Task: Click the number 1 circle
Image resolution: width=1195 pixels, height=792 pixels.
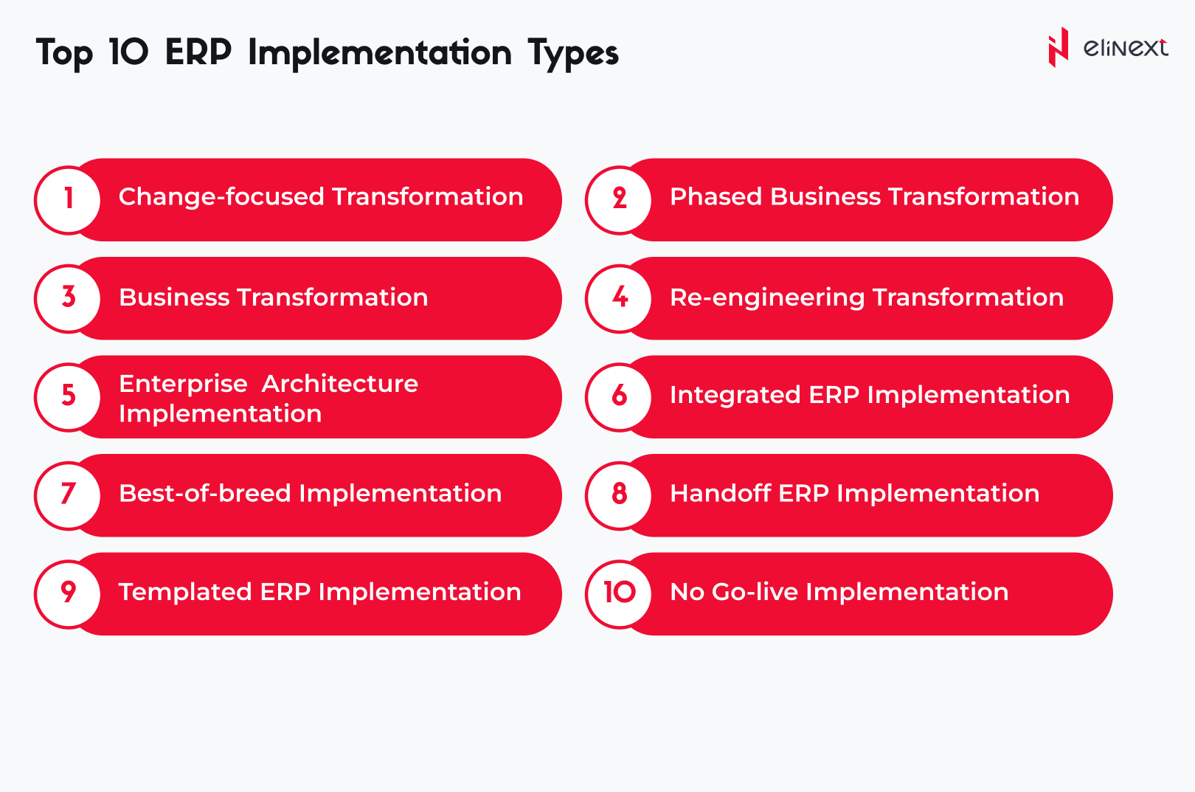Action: point(69,200)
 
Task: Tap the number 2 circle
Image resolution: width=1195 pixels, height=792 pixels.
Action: point(620,200)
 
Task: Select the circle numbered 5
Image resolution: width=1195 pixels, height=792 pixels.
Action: point(69,397)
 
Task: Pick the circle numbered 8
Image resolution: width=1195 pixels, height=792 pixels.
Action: point(620,496)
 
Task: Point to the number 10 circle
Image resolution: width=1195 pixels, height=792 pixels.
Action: point(620,594)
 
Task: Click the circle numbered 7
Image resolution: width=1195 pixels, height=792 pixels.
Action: point(69,496)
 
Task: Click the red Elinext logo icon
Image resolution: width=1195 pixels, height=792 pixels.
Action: point(1059,47)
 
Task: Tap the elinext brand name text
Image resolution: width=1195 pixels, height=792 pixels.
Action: point(1126,48)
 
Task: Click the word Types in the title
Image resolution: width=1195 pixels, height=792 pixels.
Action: point(573,54)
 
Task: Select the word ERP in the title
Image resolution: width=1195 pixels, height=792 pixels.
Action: point(198,52)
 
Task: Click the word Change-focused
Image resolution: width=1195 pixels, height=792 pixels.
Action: point(221,197)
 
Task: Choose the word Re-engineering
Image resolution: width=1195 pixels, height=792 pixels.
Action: point(767,297)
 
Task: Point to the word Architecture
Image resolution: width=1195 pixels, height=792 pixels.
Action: point(340,384)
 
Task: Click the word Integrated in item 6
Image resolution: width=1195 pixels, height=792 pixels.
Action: point(735,396)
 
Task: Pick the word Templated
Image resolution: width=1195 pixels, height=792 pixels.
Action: point(185,593)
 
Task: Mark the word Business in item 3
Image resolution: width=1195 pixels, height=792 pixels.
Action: point(174,297)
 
